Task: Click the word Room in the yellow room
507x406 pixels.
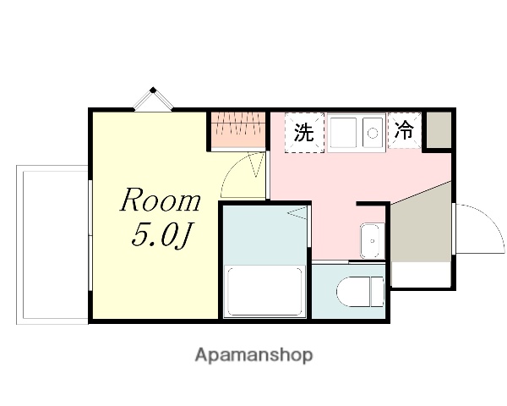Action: (x=161, y=201)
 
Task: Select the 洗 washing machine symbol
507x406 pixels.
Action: (x=303, y=133)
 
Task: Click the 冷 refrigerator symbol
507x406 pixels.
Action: (x=405, y=131)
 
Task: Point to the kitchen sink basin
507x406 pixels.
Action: (x=344, y=133)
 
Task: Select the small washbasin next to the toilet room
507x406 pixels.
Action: (x=370, y=240)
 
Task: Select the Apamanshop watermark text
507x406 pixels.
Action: (x=253, y=355)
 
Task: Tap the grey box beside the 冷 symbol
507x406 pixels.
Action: (x=438, y=131)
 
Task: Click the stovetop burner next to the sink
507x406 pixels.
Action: (x=372, y=133)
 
